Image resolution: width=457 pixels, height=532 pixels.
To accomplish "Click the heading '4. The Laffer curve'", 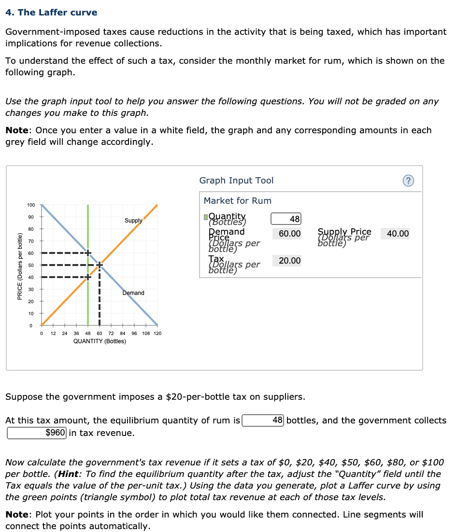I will (x=51, y=13).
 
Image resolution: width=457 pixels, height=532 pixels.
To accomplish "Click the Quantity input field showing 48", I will (x=286, y=219).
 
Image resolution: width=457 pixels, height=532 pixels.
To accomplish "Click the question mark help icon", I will (x=408, y=181).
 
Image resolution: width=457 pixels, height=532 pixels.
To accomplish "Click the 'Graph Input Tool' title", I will (x=236, y=181).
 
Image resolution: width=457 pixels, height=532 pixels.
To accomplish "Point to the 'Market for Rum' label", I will (x=237, y=201).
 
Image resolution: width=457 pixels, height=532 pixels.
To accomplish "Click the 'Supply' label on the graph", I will (x=133, y=221).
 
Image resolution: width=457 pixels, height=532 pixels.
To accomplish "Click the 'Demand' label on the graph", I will (x=133, y=293).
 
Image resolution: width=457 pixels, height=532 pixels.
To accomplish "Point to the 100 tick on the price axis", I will (x=30, y=205).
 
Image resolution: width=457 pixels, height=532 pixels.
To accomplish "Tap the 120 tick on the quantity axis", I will (x=157, y=333).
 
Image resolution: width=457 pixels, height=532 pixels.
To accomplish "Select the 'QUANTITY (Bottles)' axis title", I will (x=100, y=341).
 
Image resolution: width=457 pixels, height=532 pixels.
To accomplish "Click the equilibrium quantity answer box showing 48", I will (x=263, y=420).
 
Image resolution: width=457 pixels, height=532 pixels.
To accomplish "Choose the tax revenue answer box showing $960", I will (x=37, y=433).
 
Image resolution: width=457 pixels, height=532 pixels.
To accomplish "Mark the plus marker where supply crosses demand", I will (x=100, y=265).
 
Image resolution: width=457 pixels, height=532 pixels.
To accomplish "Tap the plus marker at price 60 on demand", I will (x=88, y=252).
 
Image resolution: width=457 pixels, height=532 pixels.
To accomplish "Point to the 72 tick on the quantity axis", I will (x=111, y=333).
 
